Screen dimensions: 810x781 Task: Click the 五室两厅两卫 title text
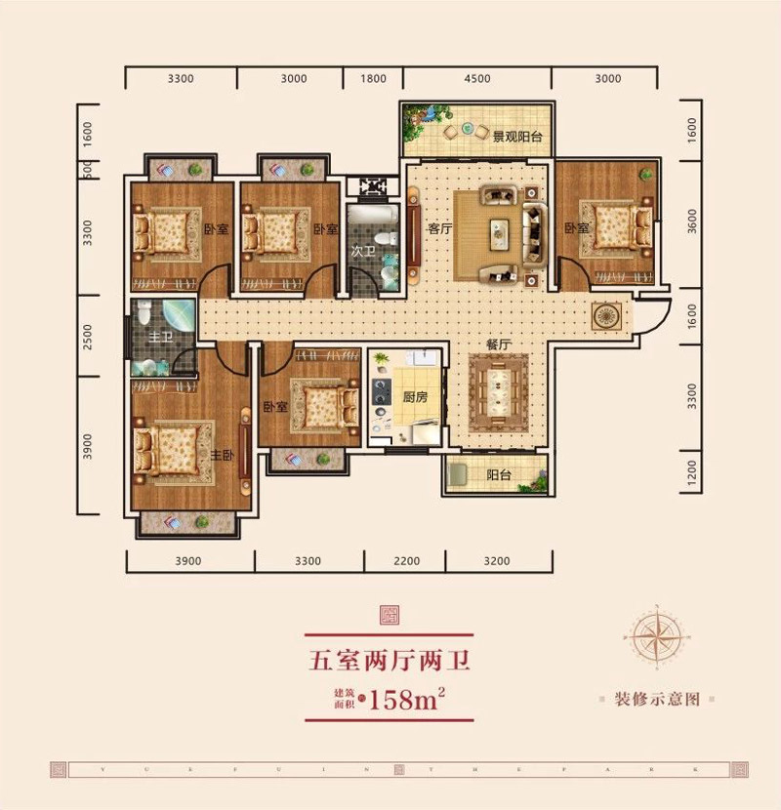(x=390, y=662)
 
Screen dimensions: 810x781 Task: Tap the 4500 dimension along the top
(x=477, y=79)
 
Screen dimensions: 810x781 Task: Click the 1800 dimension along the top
(x=374, y=79)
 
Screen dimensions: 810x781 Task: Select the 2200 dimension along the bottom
(x=405, y=561)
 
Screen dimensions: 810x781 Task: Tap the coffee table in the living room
(x=500, y=231)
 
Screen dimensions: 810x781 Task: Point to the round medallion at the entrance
(x=605, y=314)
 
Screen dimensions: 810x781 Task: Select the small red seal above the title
(x=390, y=617)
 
